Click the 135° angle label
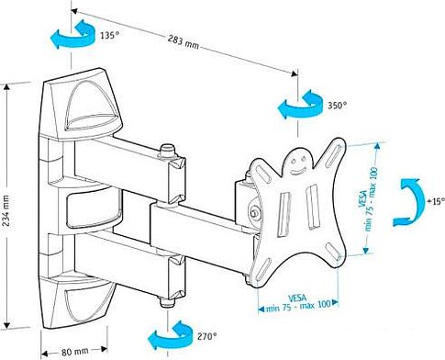coord(109,37)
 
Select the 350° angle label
coord(337,107)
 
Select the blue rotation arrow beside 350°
coord(299,107)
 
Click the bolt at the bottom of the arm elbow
coord(165,299)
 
